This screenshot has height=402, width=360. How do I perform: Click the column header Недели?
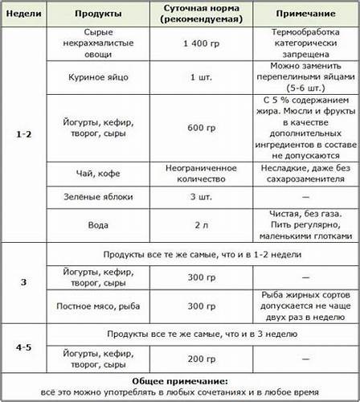click(x=23, y=15)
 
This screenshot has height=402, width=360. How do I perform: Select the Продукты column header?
click(x=99, y=15)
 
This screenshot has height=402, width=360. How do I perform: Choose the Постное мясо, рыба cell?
click(x=98, y=306)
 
